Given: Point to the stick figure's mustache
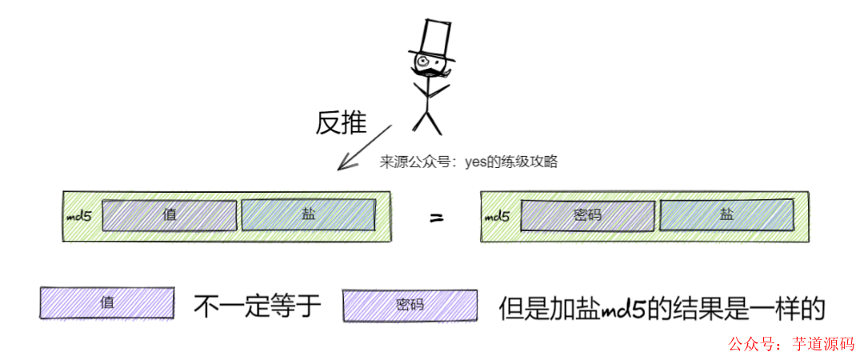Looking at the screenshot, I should tap(430, 74).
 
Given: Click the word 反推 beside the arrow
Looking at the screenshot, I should tap(341, 122).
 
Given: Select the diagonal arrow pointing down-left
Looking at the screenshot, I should tap(364, 147).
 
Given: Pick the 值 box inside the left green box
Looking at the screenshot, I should tap(170, 215).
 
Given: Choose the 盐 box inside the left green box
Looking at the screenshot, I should tap(308, 215).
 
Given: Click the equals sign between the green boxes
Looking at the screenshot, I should tap(436, 217).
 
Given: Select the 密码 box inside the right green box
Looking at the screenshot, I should tap(587, 215).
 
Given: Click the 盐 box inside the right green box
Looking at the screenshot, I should tap(726, 214).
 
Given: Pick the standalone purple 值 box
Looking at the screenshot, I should tap(107, 303).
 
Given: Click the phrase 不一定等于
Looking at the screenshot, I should tap(257, 305).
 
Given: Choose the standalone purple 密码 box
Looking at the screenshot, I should tap(409, 305).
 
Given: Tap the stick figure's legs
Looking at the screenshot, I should tap(426, 119).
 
